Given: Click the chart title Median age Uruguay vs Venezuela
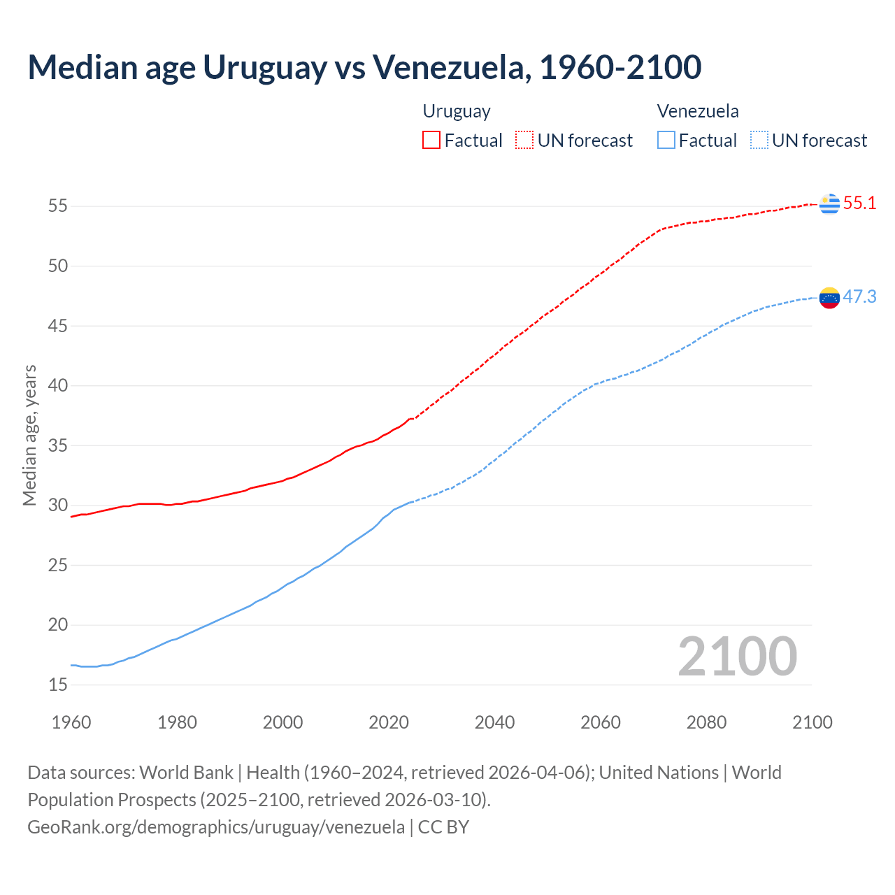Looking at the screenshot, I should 364,68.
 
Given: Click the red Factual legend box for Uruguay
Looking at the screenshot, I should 431,140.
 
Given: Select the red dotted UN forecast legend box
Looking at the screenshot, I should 524,140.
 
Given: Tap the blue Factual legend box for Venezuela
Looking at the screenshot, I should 666,140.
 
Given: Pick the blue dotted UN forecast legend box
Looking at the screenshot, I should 759,140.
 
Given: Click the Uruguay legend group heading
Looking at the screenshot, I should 457,111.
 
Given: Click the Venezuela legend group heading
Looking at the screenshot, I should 698,111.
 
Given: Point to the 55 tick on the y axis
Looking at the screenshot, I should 58,206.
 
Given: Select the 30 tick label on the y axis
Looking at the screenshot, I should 58,505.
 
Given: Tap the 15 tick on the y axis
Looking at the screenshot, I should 58,685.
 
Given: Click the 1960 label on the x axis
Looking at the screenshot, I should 71,722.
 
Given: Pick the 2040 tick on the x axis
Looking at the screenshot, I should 494,722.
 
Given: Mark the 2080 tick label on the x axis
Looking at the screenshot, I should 706,722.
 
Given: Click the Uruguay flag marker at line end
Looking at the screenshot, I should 829,203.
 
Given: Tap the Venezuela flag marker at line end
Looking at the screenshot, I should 829,298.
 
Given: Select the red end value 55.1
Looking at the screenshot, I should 859,203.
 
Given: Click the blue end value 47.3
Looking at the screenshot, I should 859,297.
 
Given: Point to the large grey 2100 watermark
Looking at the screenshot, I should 737,657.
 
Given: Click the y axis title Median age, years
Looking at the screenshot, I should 29,435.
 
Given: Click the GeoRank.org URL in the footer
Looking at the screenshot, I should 216,827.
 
